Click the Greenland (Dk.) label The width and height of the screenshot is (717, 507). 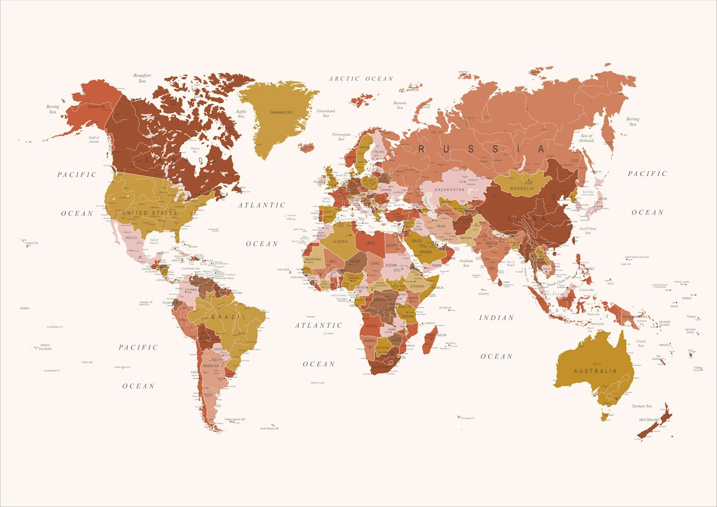tap(282, 112)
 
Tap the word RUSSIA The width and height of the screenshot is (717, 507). tap(481, 149)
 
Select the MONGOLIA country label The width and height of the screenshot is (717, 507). tap(522, 189)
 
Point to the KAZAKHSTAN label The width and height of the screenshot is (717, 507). tap(450, 190)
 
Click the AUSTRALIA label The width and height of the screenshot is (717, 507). tap(595, 371)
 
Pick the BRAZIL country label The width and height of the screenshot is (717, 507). tap(229, 317)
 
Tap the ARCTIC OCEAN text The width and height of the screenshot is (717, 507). tap(361, 79)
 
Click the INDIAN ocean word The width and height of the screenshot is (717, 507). tap(497, 318)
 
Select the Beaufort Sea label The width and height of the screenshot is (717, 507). tap(142, 78)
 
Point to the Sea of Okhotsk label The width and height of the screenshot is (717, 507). tap(586, 138)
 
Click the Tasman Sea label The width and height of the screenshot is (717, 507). tap(642, 406)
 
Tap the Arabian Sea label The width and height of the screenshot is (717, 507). tap(466, 263)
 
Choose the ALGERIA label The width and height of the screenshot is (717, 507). tap(340, 241)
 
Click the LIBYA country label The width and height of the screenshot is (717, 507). tap(370, 243)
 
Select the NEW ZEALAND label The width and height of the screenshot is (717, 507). tap(649, 420)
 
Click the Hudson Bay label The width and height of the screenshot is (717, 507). tap(195, 150)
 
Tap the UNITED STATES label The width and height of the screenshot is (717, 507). tap(150, 213)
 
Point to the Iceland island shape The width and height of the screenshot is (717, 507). tap(307, 147)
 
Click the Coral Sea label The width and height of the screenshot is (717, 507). tap(641, 343)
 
